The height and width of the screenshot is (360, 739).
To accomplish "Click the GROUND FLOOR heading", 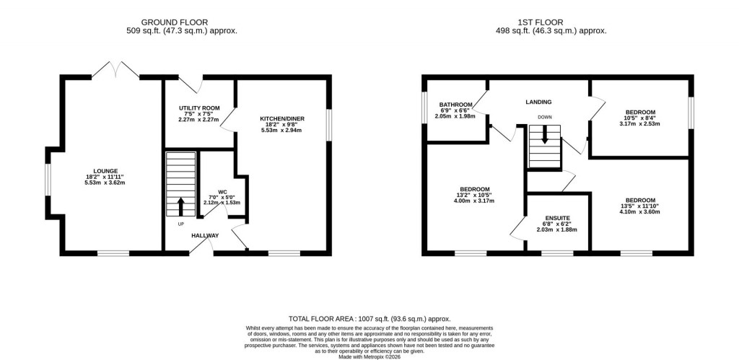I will [180, 22].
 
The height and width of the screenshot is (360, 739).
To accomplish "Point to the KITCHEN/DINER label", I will [282, 118].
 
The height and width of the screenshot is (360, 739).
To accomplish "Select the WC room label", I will [213, 192].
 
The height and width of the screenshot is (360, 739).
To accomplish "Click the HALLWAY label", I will [205, 236].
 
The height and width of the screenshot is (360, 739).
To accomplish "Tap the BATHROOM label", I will [455, 104].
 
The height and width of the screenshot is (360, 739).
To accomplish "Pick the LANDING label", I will [538, 102].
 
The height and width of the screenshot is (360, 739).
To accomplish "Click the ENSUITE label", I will [558, 217].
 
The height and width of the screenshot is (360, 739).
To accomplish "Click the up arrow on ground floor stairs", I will [180, 207].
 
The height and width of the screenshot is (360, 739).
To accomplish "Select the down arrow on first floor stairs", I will [545, 135].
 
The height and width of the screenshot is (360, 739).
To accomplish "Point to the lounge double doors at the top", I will [115, 70].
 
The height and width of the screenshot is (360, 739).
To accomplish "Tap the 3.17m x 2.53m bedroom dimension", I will [640, 123].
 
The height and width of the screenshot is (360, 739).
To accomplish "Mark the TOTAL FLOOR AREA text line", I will [369, 318].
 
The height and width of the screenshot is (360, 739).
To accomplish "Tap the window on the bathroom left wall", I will [424, 108].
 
